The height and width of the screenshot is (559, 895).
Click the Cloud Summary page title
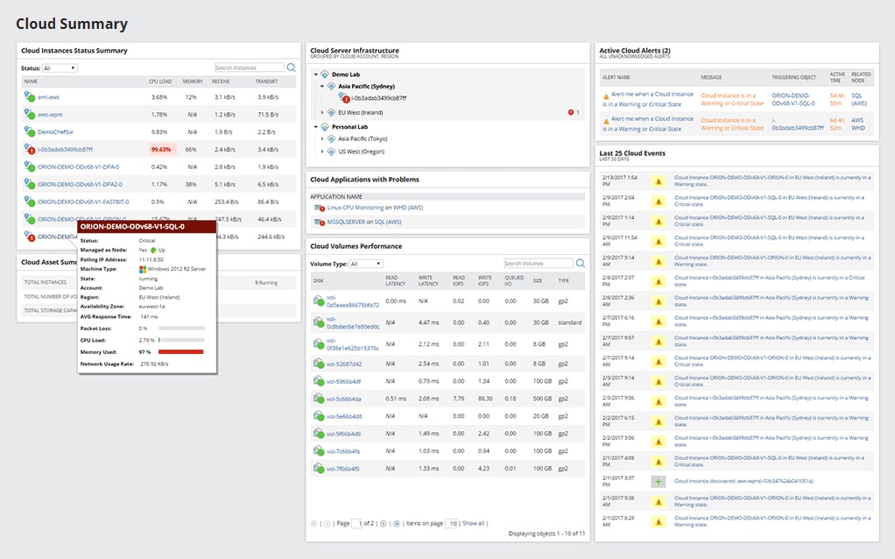click(72, 25)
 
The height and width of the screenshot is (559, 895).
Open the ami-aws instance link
click(41, 97)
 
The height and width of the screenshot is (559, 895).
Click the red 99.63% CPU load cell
click(162, 150)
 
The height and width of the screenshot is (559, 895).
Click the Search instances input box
click(249, 67)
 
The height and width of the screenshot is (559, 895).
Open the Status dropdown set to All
click(60, 68)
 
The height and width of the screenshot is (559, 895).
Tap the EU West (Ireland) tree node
click(361, 112)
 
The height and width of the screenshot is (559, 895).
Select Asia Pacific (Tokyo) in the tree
click(363, 139)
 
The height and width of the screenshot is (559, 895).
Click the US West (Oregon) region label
click(362, 152)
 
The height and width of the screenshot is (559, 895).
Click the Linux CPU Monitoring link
click(349, 208)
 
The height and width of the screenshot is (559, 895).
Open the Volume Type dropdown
click(366, 264)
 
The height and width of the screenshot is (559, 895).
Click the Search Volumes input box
click(538, 263)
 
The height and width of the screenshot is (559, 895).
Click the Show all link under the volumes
click(473, 523)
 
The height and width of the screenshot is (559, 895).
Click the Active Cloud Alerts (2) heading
click(634, 51)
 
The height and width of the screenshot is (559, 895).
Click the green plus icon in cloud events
click(659, 481)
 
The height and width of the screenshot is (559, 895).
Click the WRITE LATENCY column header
click(428, 280)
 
